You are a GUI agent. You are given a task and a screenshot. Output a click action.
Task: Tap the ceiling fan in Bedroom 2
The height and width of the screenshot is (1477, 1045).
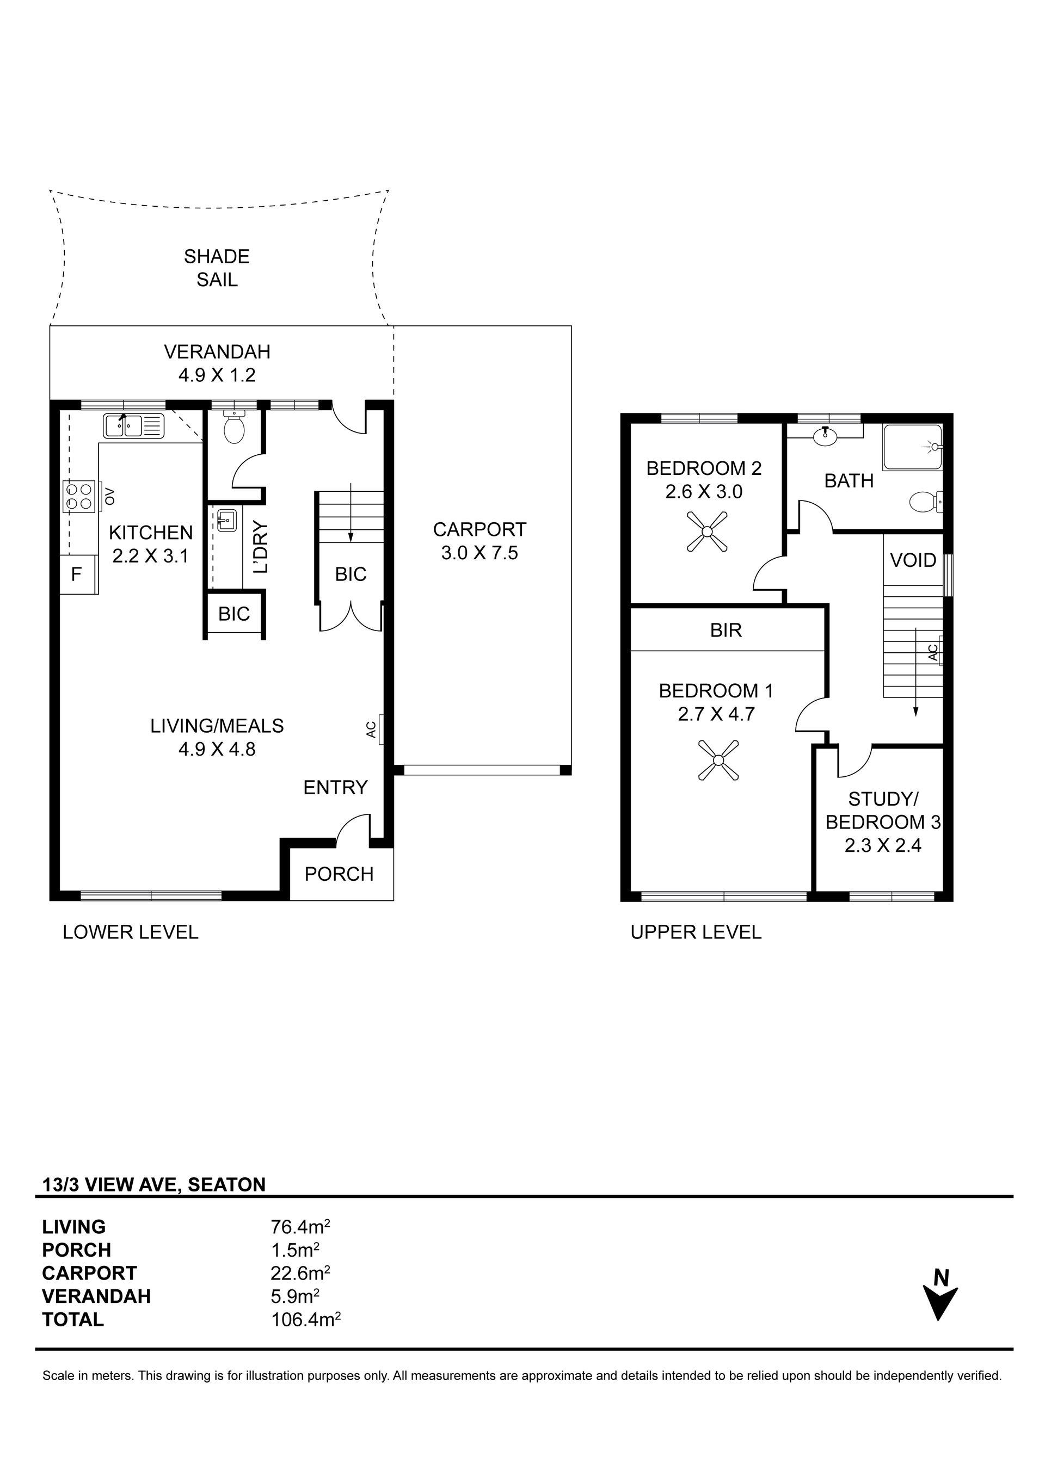coord(706,532)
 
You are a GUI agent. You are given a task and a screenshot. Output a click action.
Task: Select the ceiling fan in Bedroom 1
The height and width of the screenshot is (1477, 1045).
coord(718,761)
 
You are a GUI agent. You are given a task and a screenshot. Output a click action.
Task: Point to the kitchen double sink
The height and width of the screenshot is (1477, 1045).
coord(133,426)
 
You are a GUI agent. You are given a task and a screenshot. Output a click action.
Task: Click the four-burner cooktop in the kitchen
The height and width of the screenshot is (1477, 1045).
coord(78,496)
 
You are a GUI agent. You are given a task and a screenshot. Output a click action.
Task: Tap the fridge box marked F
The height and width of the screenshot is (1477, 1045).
coord(78,574)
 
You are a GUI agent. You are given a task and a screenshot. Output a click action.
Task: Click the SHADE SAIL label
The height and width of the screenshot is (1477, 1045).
coord(217,268)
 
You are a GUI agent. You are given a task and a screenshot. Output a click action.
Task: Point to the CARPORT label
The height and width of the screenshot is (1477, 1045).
coord(480,529)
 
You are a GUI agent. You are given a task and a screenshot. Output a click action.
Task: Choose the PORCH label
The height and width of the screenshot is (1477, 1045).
coord(339,874)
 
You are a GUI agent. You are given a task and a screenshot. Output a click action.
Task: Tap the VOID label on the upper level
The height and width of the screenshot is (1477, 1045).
coord(913,560)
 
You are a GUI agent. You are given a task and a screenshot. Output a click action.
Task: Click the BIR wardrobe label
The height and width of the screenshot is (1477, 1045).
coord(726,631)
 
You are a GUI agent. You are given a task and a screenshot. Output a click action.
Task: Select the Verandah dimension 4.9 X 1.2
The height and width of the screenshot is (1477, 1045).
coord(217,375)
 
